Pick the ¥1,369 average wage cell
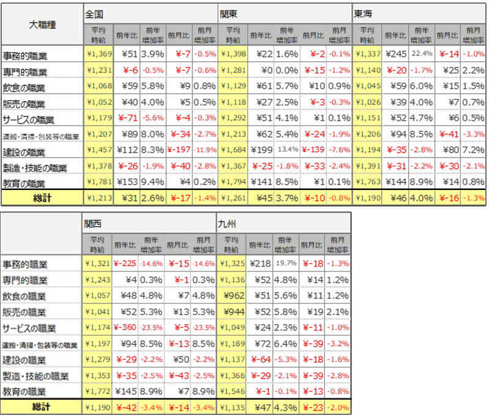(97, 54)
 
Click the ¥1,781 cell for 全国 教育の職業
(97, 182)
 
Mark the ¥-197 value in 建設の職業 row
(179, 150)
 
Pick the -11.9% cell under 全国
(205, 150)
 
